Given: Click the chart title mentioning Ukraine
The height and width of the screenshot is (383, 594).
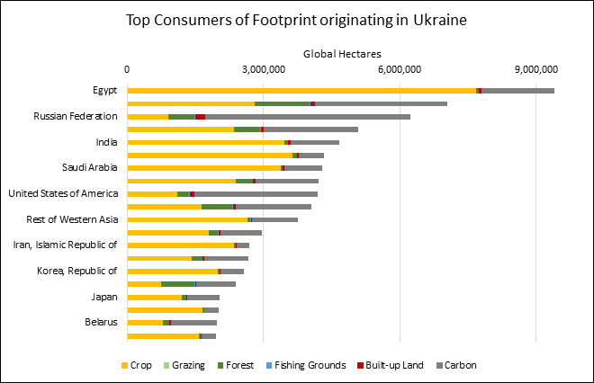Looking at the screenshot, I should tap(297, 19).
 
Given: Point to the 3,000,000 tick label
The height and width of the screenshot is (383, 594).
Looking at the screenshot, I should tap(263, 70).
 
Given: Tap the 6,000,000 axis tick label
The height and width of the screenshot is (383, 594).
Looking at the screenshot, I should tap(399, 70).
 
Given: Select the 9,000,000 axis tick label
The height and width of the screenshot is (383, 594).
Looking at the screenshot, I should tap(535, 70).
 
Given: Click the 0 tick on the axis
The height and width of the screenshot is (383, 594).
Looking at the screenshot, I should tap(128, 70).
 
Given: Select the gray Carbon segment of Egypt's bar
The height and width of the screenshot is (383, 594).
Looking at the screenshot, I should tap(517, 91).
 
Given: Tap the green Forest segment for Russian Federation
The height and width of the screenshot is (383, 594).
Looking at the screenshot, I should tap(182, 117).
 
